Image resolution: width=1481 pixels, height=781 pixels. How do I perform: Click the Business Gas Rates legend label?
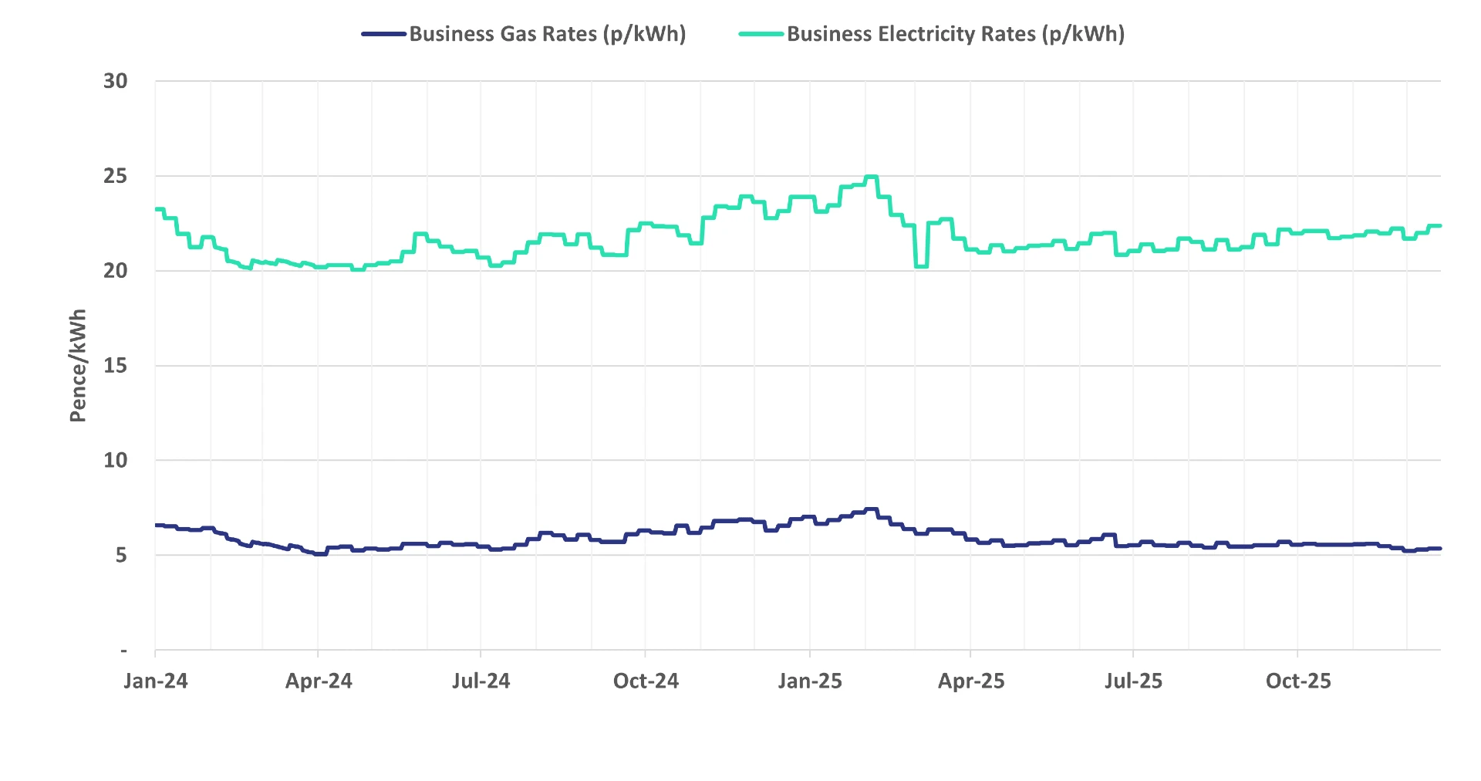tap(547, 34)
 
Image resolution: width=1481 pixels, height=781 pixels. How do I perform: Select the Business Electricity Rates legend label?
tap(955, 34)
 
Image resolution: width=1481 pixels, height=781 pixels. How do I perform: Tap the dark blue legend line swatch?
tap(384, 34)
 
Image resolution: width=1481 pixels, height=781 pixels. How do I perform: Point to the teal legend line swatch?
tap(761, 34)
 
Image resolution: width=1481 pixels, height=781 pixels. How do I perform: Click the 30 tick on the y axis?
tap(116, 81)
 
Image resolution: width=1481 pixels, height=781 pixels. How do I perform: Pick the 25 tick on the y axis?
tap(116, 176)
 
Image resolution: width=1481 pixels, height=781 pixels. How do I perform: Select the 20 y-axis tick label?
tap(116, 271)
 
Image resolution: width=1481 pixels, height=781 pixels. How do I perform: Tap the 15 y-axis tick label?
tap(116, 366)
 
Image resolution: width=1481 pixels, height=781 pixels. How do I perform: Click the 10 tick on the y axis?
tap(116, 461)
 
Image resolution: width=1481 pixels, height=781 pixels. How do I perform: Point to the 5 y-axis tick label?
tap(121, 556)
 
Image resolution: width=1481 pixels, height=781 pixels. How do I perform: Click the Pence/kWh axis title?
tap(78, 365)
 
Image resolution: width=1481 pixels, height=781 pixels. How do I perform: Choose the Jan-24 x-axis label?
tap(156, 681)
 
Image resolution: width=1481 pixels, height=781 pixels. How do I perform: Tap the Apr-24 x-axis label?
tap(319, 681)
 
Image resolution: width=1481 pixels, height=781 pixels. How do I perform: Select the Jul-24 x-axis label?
tap(481, 681)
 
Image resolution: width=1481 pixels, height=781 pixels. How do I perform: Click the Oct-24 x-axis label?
tap(646, 681)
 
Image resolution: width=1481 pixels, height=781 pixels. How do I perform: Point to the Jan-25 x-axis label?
tap(810, 681)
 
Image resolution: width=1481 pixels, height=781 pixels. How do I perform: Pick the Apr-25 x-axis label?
tap(971, 681)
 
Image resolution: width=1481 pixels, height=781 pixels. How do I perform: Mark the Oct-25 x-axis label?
tap(1298, 681)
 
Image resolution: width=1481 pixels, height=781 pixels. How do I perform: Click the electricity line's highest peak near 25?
tap(872, 177)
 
